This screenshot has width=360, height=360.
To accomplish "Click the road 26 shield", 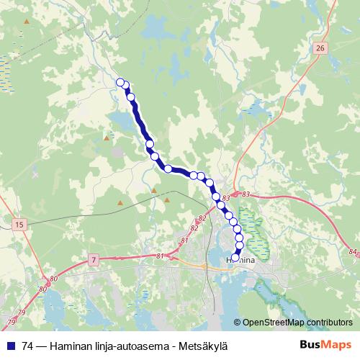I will tap(320, 48).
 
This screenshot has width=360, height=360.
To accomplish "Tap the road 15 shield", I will tap(19, 225).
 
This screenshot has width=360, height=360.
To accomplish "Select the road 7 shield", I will tap(94, 259).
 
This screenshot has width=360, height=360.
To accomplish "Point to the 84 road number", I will tap(351, 251).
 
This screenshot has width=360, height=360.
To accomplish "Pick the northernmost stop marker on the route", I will tap(120, 82).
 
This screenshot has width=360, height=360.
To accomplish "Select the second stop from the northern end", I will tap(126, 86).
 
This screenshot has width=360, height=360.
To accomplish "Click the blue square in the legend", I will tap(10, 346).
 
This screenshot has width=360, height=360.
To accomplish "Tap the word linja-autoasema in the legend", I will tap(129, 346).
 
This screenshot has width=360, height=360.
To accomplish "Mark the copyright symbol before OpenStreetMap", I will tap(238, 323).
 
